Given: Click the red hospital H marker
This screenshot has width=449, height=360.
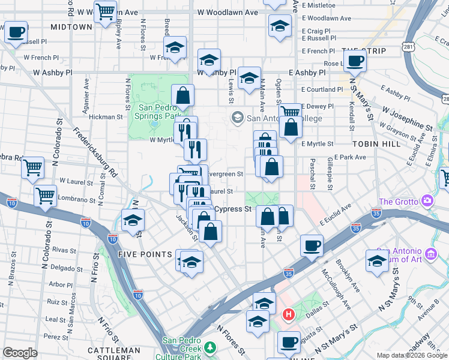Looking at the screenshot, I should [289, 314].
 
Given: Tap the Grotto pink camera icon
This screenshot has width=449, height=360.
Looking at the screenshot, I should [427, 200].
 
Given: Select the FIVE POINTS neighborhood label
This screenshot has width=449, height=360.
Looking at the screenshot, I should [146, 254].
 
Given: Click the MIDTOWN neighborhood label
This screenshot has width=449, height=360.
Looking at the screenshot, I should [71, 27].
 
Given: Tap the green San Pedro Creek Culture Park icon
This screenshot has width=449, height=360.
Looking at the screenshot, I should [210, 347].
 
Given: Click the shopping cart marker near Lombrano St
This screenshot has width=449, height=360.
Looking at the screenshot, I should [46, 195].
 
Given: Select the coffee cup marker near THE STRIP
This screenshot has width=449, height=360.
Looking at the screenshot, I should [355, 60].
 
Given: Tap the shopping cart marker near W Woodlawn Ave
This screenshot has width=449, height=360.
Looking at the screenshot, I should [106, 11].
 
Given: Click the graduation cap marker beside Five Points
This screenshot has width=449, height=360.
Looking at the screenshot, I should [192, 262].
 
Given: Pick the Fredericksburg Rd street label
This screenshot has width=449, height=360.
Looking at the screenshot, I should [96, 153].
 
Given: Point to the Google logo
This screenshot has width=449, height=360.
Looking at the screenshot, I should [20, 353].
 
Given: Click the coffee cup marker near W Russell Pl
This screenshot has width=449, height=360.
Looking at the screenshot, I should [16, 31].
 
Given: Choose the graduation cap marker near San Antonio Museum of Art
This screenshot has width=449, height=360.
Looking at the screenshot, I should [378, 261].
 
